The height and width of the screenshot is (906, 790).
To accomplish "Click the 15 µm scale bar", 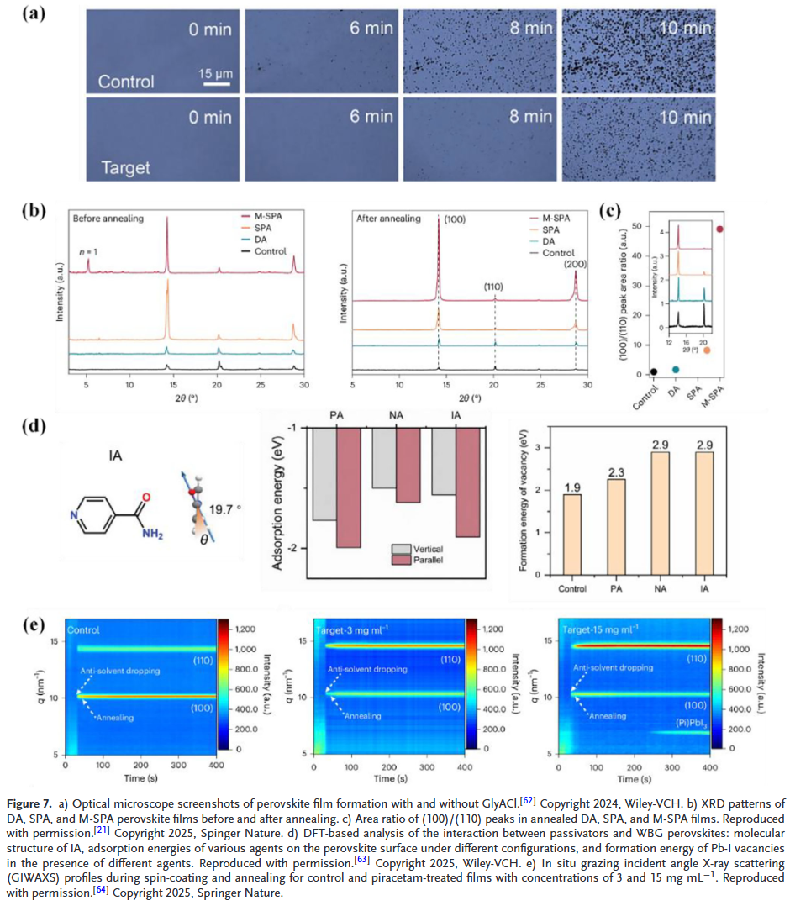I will (215, 83).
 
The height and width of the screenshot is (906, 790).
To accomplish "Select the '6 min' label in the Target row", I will (371, 117).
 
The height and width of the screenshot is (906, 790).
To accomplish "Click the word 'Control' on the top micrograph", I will (126, 82).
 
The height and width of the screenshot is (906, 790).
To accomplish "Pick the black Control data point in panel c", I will (653, 371).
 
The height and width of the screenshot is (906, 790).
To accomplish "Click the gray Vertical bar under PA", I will (324, 474).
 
